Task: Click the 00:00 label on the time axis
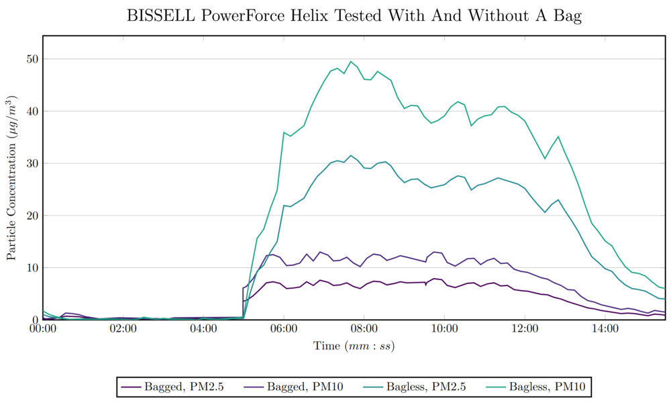[x=43, y=329]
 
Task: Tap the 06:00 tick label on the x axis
[x=284, y=329]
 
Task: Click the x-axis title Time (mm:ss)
[x=354, y=347]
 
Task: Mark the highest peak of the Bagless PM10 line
[x=350, y=61]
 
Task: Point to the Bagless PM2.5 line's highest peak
[x=350, y=155]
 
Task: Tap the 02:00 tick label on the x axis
[x=123, y=329]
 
